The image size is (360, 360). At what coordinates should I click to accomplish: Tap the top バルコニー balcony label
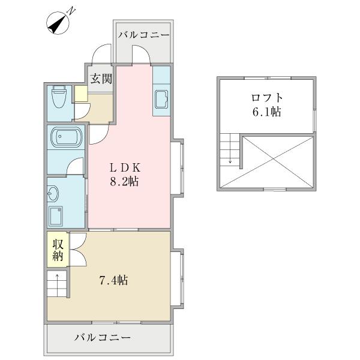click(145, 35)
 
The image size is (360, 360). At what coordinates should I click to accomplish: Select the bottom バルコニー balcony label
click(103, 338)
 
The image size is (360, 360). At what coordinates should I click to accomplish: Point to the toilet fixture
click(59, 97)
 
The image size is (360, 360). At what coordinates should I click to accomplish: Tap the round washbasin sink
click(53, 194)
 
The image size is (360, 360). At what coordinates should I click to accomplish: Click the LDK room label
click(125, 167)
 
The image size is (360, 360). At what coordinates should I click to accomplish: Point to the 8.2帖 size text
click(125, 181)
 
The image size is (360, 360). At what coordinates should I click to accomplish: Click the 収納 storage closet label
click(58, 250)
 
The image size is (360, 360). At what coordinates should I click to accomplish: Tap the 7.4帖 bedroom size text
click(113, 280)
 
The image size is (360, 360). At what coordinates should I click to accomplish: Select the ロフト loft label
click(267, 97)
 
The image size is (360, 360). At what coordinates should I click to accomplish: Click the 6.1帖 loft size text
click(267, 112)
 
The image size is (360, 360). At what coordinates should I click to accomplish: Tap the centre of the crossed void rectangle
click(277, 161)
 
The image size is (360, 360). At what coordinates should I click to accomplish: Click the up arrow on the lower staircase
click(58, 277)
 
